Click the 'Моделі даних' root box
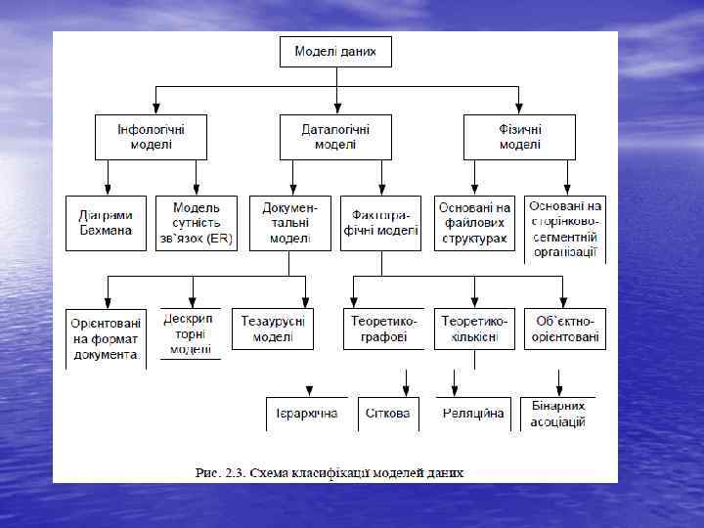point(335,52)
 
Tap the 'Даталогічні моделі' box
point(335,137)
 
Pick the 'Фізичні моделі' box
point(519,137)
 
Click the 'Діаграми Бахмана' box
point(106,223)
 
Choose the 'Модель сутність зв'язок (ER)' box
point(196,223)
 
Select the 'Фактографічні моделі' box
point(380,223)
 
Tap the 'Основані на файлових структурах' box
point(474,223)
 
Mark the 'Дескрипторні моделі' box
point(191,332)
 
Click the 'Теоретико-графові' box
point(380,330)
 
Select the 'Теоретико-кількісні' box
point(474,330)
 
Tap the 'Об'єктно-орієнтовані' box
point(565,330)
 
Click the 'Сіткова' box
point(387,414)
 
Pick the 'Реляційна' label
point(473,414)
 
